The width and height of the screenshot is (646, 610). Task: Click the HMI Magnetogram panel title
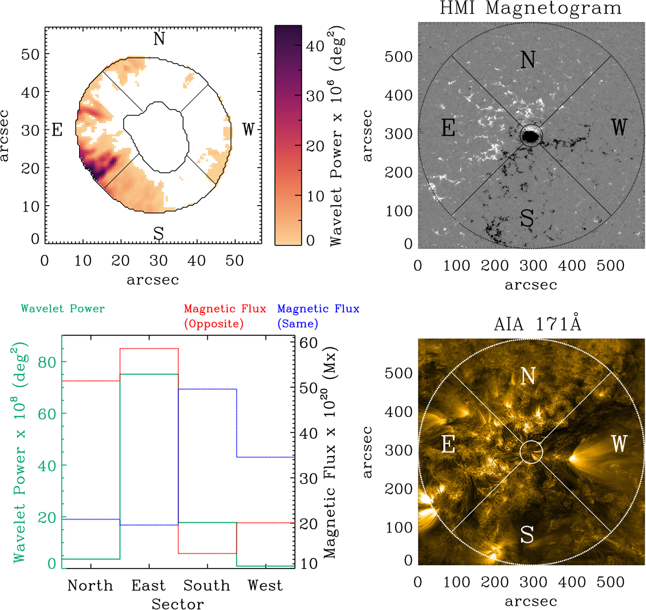pos(530,9)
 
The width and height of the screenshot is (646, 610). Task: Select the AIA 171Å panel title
pos(537,324)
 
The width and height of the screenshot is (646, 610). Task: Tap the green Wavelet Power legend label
pos(62,309)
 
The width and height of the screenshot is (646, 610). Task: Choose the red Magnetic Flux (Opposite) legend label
pos(224,316)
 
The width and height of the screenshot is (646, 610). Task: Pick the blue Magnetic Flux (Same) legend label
pos(318,316)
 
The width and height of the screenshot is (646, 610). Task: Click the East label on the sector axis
pos(149,585)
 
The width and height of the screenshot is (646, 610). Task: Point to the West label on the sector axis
pos(265,585)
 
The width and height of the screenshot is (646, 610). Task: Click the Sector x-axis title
pos(178,604)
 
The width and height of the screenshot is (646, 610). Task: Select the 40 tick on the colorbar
pos(315,46)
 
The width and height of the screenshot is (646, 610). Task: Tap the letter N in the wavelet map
pos(159,39)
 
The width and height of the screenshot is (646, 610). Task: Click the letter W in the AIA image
pos(619,444)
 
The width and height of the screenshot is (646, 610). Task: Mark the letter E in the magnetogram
pos(448,128)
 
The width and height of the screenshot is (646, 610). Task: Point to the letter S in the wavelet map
pos(158,234)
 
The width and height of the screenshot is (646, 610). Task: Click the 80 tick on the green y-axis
pos(47,362)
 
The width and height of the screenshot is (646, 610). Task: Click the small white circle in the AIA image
pos(531,452)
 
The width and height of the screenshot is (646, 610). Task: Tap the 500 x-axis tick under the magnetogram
pos(610,265)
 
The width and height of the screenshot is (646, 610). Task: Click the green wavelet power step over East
pos(149,374)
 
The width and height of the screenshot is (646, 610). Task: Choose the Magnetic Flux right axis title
pos(329,452)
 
